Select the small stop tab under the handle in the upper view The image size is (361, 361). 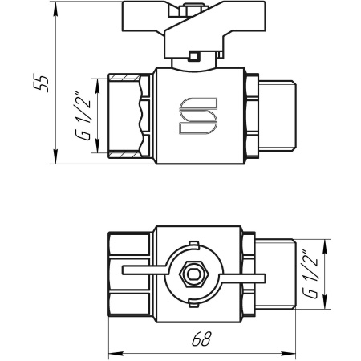pyautogui.click(x=193, y=56)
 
